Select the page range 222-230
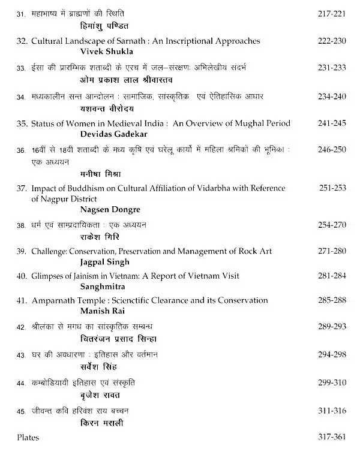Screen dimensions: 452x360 (x=332, y=41)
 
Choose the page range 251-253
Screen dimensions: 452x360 (x=332, y=188)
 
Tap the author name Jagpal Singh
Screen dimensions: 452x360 (x=104, y=262)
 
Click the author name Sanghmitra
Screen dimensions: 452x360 (x=101, y=286)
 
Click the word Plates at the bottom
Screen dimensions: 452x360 (x=28, y=438)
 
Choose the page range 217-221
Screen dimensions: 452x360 (x=332, y=13)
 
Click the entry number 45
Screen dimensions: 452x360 (x=21, y=411)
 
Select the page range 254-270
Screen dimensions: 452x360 (x=332, y=225)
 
